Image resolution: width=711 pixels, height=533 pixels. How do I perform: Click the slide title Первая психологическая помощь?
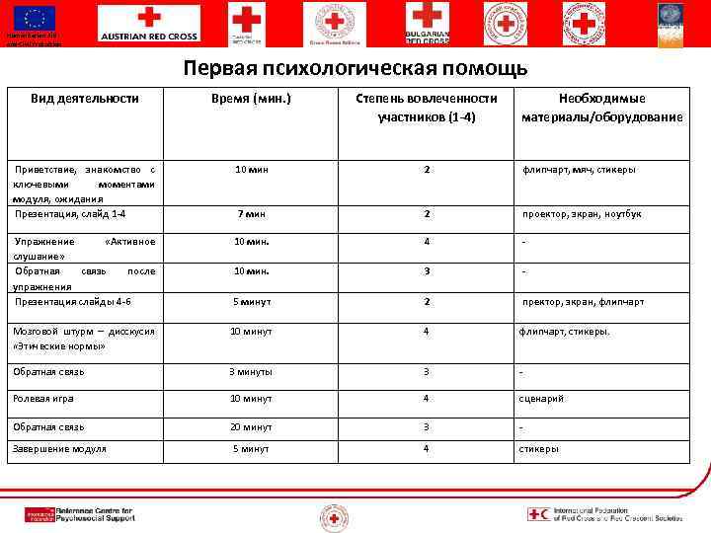[x=355, y=69]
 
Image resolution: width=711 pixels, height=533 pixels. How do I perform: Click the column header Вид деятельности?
[x=84, y=99]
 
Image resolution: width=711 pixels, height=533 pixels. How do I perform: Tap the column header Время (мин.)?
[x=252, y=99]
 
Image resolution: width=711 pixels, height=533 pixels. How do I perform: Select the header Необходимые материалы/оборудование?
[x=602, y=108]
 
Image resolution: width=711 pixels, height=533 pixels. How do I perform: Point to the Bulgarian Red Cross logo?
[x=427, y=24]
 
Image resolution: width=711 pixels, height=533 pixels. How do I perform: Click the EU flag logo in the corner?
[x=34, y=20]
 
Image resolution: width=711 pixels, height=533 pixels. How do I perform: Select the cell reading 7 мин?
[x=251, y=214]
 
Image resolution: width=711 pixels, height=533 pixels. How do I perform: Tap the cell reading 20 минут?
[x=251, y=426]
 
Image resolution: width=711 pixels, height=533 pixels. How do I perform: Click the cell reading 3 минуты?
[x=251, y=372]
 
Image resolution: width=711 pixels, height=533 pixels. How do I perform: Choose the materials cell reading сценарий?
[x=541, y=399]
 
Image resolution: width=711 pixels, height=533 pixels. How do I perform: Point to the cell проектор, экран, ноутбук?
[x=582, y=214]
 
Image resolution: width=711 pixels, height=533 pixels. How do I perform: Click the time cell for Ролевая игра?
[x=251, y=399]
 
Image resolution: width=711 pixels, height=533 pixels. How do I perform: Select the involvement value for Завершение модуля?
[x=427, y=449]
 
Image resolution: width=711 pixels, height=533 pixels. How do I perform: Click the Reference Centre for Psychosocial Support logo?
[x=79, y=514]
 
